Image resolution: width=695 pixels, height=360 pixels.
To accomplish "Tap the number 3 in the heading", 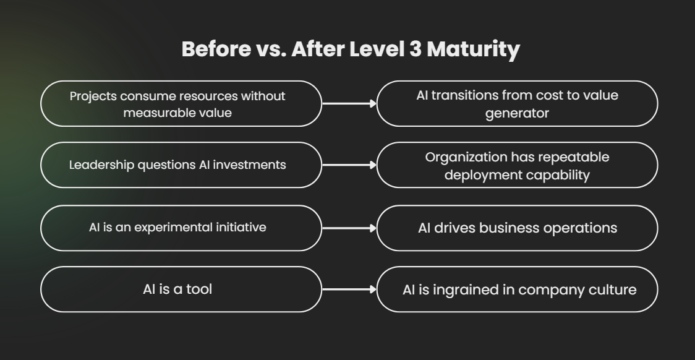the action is point(416,49).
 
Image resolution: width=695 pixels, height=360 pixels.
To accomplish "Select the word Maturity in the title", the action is point(473,49).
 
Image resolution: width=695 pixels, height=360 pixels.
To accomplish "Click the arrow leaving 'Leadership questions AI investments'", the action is point(349,165).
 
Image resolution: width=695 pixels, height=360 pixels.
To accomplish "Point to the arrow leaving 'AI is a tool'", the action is point(349,289).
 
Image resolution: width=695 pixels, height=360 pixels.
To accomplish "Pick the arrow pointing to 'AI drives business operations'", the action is point(349,228).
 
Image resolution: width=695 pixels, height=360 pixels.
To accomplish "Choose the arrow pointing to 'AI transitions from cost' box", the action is point(349,104).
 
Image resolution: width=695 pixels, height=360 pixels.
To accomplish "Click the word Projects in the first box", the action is point(93,96).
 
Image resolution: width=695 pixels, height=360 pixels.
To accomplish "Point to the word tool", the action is point(199,289).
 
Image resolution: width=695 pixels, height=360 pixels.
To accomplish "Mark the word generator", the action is point(517,113).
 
